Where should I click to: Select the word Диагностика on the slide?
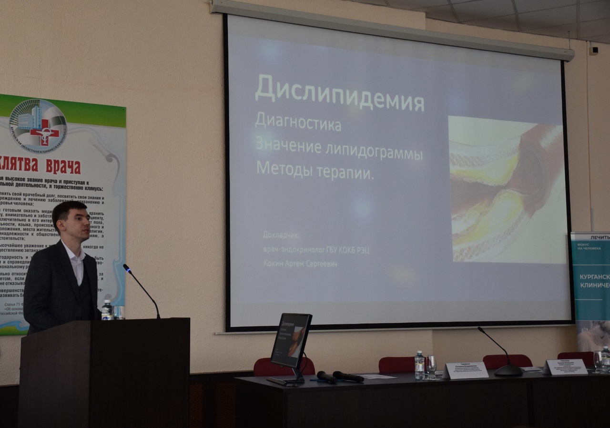[x=298, y=122]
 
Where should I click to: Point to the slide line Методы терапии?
[x=315, y=171]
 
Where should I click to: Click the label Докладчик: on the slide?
[x=282, y=235]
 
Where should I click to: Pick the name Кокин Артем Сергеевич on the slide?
[x=300, y=263]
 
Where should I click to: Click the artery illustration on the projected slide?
[x=506, y=189]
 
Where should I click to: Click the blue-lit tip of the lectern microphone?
[x=126, y=268]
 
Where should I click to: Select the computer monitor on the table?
[x=291, y=340]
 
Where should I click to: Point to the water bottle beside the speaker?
[x=107, y=310]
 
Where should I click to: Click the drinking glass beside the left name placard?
[x=431, y=366]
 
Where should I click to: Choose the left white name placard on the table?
[x=466, y=370]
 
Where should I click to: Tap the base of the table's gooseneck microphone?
[x=508, y=371]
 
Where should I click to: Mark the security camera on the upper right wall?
[x=593, y=50]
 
